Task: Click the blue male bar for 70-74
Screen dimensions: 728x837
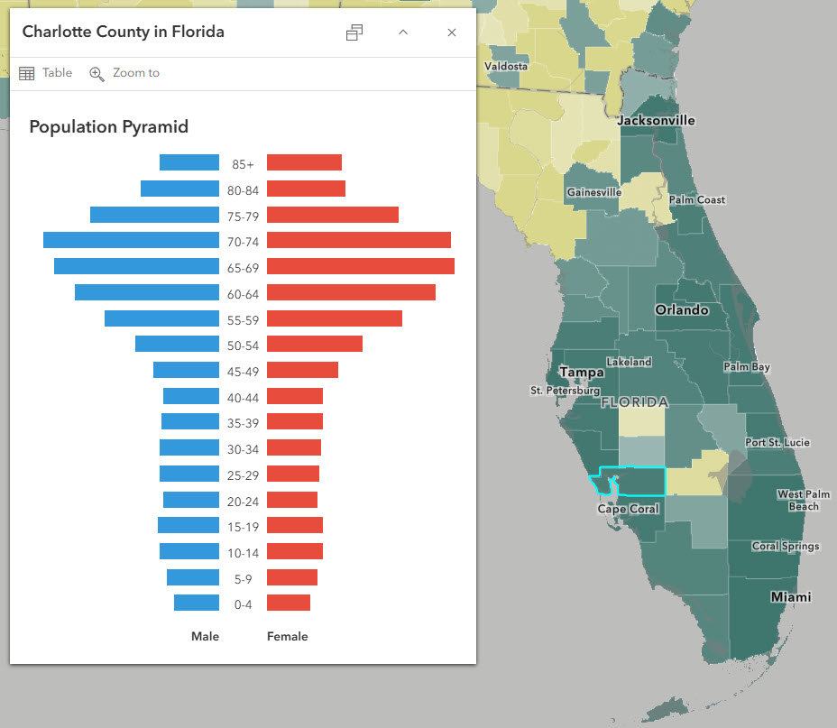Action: [x=131, y=240]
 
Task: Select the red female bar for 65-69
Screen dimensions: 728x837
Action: [x=360, y=266]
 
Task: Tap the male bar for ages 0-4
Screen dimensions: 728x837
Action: [x=197, y=603]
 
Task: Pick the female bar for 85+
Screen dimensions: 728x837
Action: [x=304, y=162]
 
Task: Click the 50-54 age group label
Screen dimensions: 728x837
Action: [x=243, y=346]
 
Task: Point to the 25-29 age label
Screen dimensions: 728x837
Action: [x=243, y=475]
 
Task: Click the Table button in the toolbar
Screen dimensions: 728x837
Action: [x=45, y=73]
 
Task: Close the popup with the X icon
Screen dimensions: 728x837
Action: [x=452, y=32]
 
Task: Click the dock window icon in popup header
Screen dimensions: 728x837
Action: [x=354, y=32]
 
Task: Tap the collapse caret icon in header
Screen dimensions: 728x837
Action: [x=403, y=32]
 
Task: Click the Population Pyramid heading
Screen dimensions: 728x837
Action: [x=108, y=127]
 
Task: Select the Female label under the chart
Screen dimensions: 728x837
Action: [x=287, y=636]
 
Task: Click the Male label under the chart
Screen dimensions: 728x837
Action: [x=205, y=636]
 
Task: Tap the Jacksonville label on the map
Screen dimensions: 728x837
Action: [x=656, y=121]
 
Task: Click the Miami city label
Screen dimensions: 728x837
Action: [x=790, y=597]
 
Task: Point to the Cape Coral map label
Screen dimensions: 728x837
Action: [x=628, y=509]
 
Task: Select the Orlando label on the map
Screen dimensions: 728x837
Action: [x=681, y=309]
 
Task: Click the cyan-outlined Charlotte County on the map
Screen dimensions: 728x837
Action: [x=640, y=482]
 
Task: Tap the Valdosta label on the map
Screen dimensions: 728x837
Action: [x=506, y=67]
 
